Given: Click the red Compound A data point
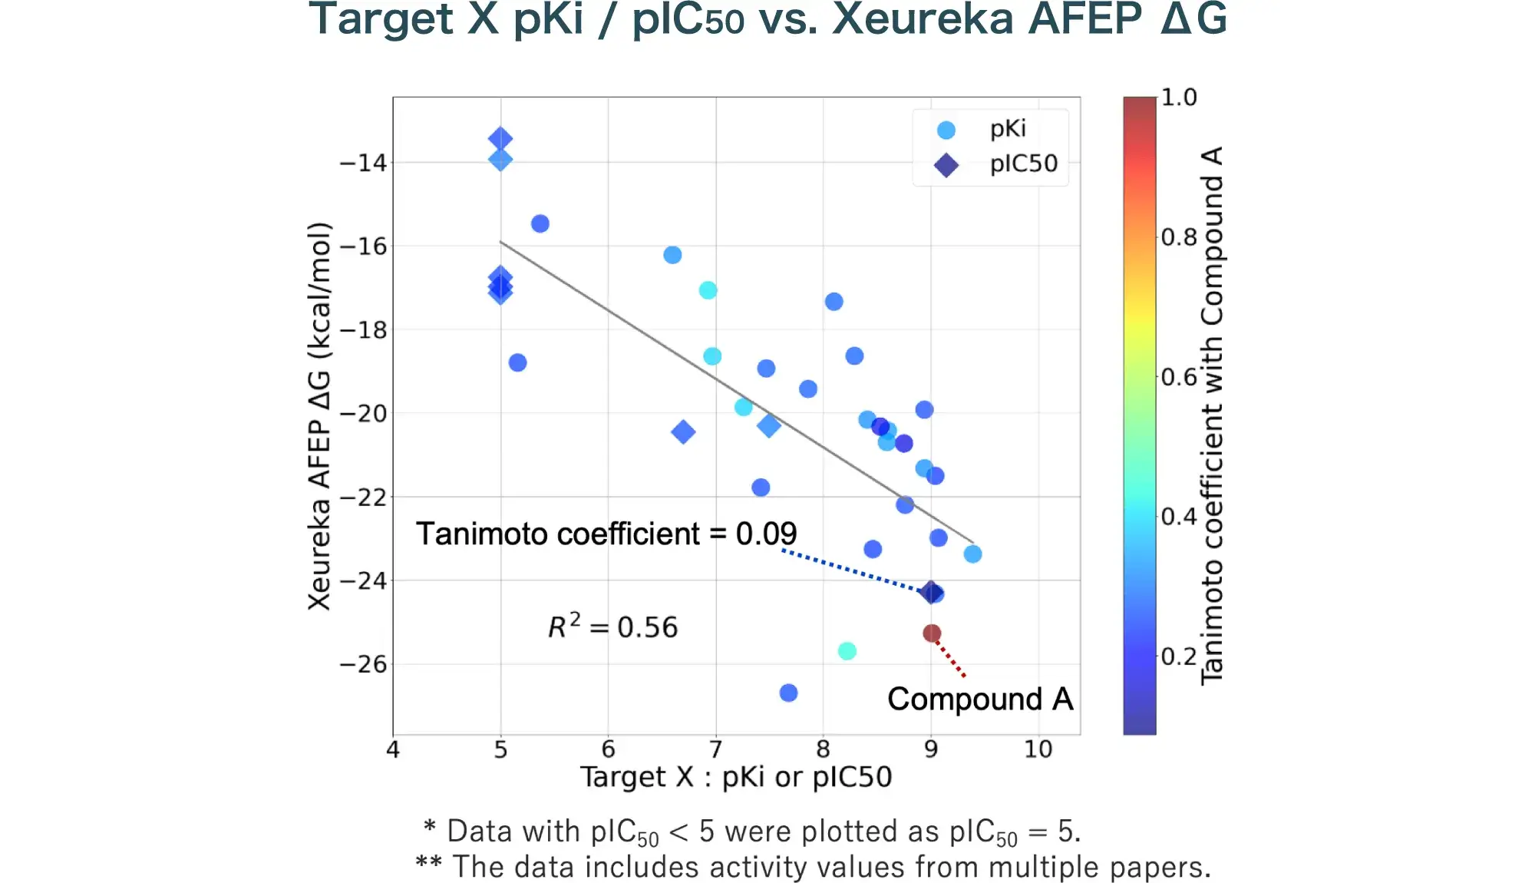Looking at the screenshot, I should (932, 633).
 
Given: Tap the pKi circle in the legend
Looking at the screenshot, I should (946, 131).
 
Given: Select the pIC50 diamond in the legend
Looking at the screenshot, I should (946, 165).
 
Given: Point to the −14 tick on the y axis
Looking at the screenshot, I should (363, 163).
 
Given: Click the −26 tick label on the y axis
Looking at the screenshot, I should (363, 664).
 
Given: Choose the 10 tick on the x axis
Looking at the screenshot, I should (1038, 749).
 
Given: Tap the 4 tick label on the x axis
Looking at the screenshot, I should (393, 749).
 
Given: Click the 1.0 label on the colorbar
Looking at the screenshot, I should (1179, 98).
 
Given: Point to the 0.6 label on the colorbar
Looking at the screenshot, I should (1179, 377).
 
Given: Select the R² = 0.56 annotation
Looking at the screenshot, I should (612, 627).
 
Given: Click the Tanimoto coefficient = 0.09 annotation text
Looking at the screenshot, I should (606, 534).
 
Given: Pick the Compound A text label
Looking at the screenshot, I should (980, 699).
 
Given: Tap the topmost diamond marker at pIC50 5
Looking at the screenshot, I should (500, 139).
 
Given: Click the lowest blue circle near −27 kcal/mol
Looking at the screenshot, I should (788, 693).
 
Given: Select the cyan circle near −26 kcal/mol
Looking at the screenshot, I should (847, 651).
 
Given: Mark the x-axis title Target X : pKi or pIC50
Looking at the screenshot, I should (735, 777).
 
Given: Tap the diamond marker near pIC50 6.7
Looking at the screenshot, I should (683, 432).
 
